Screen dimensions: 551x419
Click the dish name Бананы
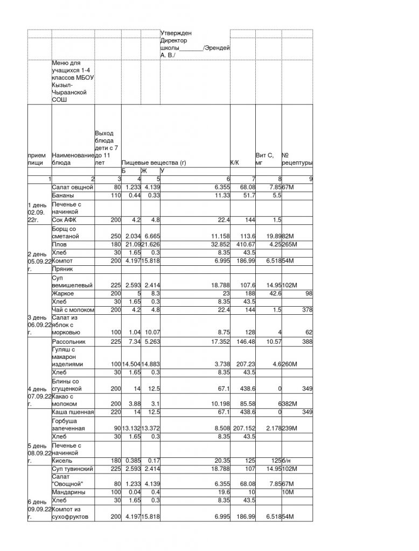click(x=63, y=196)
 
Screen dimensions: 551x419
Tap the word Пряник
click(x=62, y=269)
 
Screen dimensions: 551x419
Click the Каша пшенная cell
click(x=73, y=412)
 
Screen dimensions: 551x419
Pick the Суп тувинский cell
click(x=73, y=469)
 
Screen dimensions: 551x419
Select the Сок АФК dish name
click(x=65, y=220)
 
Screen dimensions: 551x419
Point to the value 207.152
click(x=242, y=429)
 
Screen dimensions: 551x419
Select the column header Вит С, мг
click(x=264, y=158)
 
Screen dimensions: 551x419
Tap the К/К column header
click(x=235, y=162)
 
